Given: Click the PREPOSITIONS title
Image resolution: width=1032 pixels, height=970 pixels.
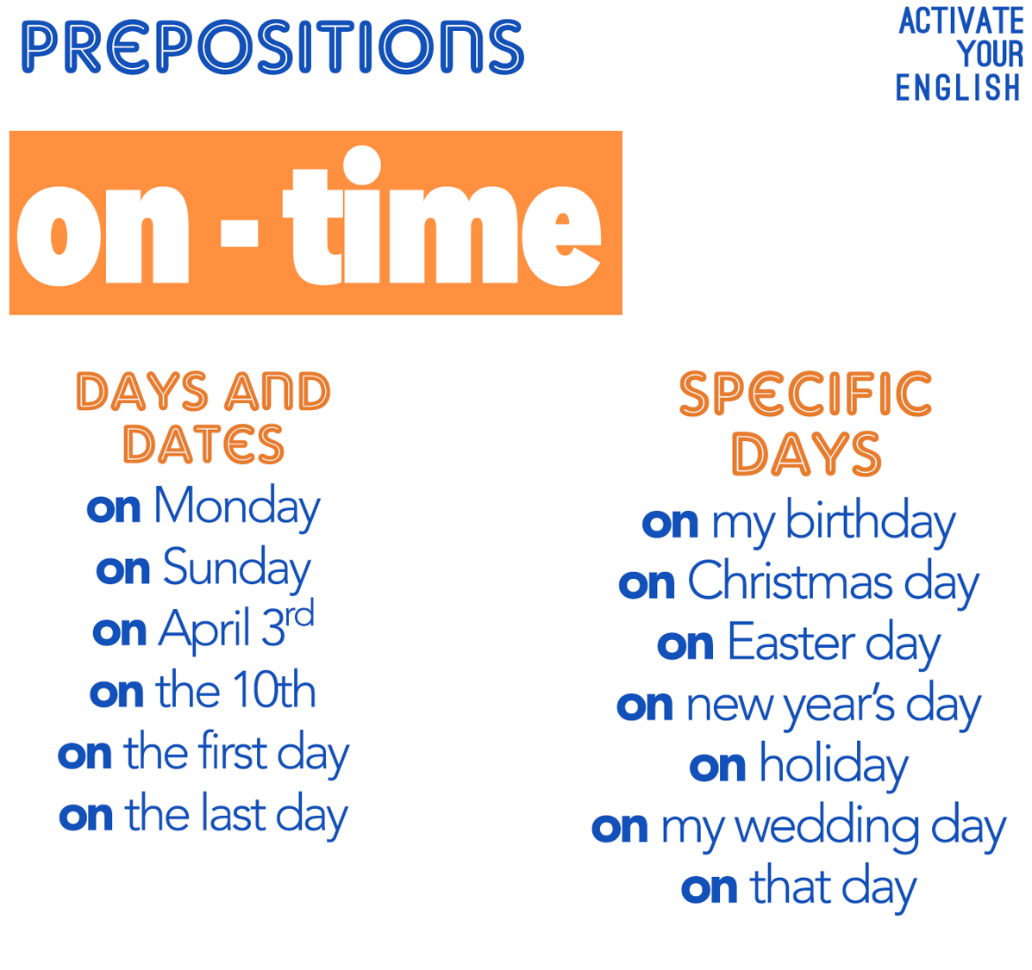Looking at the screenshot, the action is pos(273,47).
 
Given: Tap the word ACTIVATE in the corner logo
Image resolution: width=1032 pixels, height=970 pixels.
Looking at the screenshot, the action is pos(961,21).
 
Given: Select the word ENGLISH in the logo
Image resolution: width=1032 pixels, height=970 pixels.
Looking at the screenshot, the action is pos(958,88).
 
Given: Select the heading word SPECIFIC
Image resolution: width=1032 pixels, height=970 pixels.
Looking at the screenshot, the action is pos(805,394).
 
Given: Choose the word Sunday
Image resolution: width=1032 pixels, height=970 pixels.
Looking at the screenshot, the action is pos(237,569).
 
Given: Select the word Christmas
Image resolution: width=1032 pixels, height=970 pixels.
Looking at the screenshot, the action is pos(790,581).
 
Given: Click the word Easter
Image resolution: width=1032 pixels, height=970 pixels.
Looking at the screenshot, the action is pos(791,643).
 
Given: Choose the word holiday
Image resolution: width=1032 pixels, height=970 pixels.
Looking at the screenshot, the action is pos(835,766).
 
